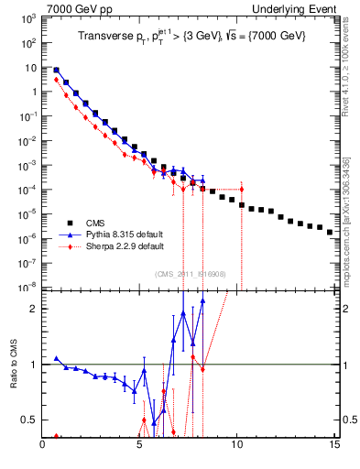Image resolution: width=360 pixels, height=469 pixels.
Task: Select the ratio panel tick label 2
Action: click(x=32, y=309)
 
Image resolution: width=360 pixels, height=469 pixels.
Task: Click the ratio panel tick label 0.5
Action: click(x=28, y=420)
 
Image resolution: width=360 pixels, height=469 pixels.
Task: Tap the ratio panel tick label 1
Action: click(x=32, y=365)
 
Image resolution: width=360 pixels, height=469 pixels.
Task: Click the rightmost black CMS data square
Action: click(x=331, y=233)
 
